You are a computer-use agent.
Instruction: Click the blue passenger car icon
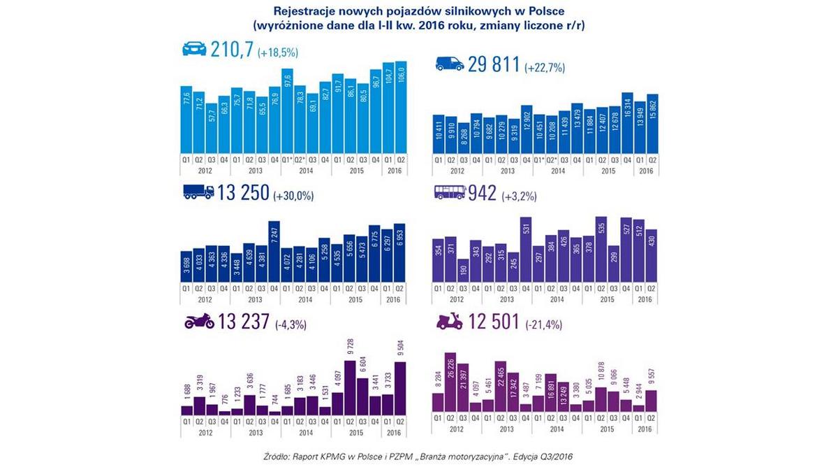(x=194, y=49)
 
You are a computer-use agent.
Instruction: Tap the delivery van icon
(x=449, y=64)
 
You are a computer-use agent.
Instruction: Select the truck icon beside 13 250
(x=198, y=192)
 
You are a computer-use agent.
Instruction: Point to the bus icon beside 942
(x=449, y=194)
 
